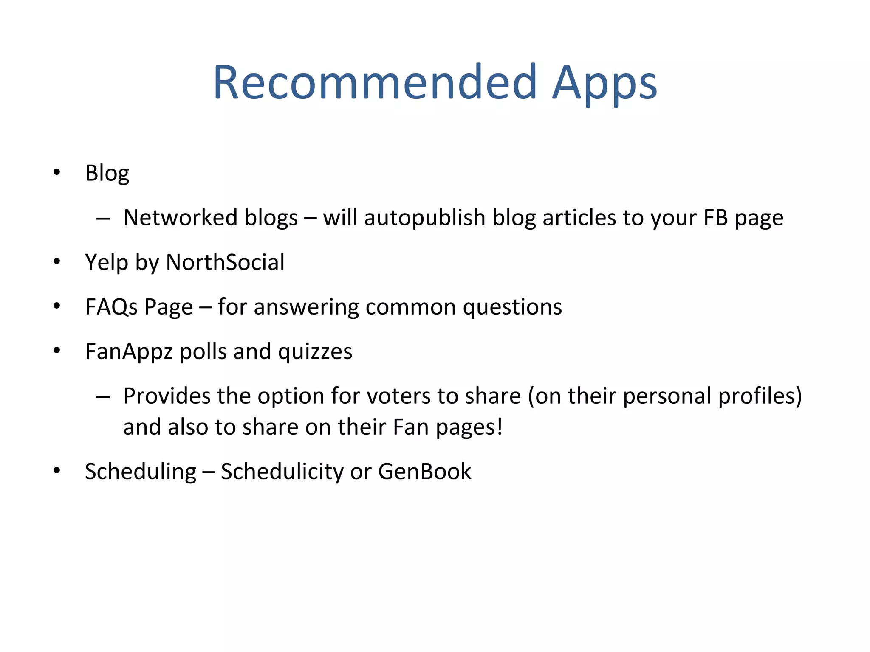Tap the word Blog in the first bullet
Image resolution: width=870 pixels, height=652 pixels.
(x=107, y=174)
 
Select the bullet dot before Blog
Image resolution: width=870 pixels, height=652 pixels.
(x=57, y=172)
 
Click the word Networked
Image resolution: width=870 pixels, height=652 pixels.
(x=180, y=218)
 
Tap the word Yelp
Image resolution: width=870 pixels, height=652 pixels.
(x=106, y=263)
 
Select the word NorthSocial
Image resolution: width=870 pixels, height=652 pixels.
(x=225, y=262)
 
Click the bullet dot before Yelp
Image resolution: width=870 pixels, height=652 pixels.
(x=57, y=261)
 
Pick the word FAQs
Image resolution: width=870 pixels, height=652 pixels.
(x=111, y=307)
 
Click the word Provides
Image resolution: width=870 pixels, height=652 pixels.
(x=167, y=396)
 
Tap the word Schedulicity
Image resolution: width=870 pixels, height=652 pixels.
(x=282, y=472)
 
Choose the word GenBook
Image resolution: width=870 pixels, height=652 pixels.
(x=424, y=472)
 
